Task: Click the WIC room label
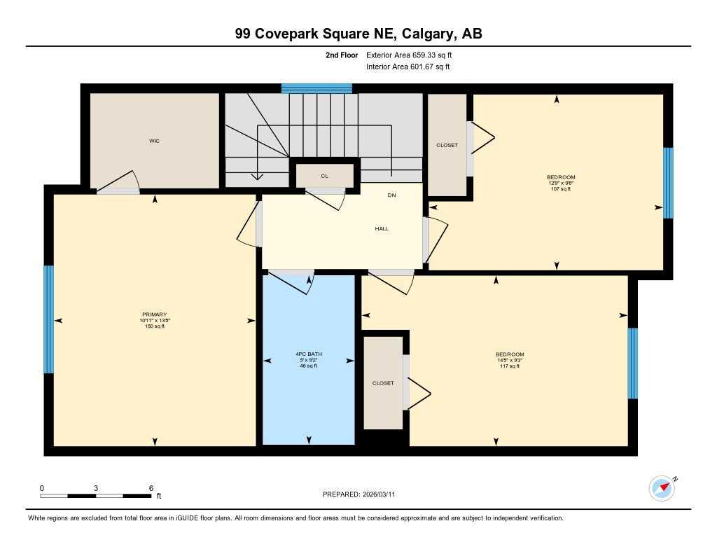154,141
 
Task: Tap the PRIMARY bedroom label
154,314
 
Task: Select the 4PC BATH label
309,354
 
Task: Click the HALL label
382,228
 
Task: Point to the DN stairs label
392,195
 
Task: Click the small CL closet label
324,176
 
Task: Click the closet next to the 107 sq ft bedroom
447,145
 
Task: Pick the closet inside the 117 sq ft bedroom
383,383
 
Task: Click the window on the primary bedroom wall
49,319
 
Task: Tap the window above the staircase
316,88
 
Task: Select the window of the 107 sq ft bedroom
668,183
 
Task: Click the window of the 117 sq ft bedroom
633,363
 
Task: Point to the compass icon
662,487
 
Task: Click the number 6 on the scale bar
151,488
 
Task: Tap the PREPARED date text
363,494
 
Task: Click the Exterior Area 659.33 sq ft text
414,55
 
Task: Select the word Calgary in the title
421,34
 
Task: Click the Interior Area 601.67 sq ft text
408,67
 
